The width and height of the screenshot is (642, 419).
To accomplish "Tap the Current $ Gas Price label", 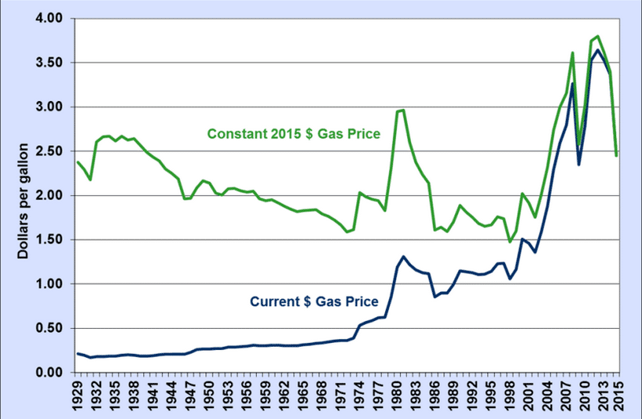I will [x=314, y=300].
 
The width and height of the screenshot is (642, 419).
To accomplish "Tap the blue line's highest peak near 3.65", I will [x=598, y=50].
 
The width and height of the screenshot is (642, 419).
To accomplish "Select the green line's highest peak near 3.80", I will [x=598, y=36].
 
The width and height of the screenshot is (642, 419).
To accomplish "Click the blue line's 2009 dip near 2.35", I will [x=579, y=164].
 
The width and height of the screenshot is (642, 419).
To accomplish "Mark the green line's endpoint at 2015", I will [x=617, y=155].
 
